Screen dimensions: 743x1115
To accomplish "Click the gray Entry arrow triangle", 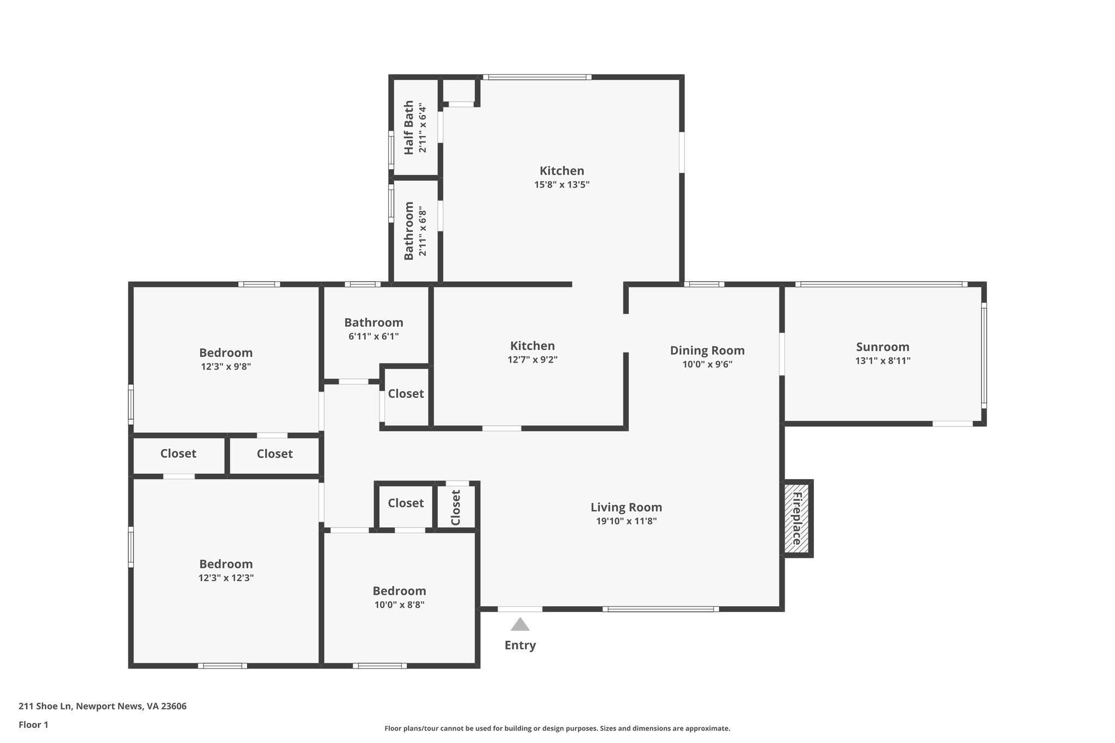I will click(x=520, y=625).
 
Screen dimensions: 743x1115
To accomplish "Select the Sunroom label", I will click(x=883, y=347).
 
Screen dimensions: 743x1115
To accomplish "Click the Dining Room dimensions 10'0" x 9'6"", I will click(x=707, y=364).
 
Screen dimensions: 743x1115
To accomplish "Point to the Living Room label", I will click(x=626, y=507).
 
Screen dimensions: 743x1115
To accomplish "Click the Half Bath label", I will click(x=408, y=127).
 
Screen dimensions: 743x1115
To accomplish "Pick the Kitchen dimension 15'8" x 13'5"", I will click(x=562, y=185).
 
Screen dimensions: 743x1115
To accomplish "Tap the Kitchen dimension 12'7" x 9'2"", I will click(x=532, y=359).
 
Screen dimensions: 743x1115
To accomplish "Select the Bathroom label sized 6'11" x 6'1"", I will click(x=373, y=322).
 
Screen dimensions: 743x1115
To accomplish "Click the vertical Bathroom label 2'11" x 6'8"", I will click(x=409, y=231).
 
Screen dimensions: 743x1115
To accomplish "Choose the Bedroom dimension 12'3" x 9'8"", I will click(x=225, y=366).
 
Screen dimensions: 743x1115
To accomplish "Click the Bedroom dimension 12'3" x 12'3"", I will click(x=226, y=578).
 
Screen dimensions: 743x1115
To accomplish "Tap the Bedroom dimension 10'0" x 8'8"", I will click(x=399, y=604).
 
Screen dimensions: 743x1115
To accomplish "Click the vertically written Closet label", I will click(x=456, y=507).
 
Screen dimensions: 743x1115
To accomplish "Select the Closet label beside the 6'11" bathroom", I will click(x=406, y=393).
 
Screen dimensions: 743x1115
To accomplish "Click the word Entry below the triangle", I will click(x=520, y=645).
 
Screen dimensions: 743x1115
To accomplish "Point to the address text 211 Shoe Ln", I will click(x=102, y=706).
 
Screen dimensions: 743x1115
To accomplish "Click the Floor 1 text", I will click(x=34, y=724).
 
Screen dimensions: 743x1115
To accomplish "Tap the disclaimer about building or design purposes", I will click(x=557, y=728).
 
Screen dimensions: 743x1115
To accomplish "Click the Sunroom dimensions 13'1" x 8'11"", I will click(x=883, y=360).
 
